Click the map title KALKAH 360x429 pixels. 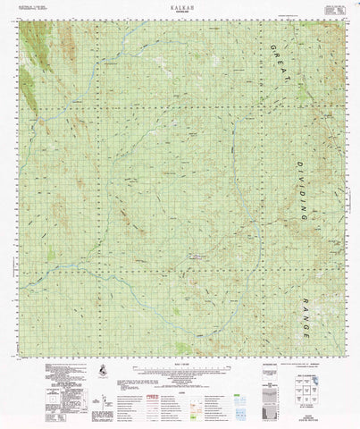(x=180, y=5)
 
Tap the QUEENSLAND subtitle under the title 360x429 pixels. (x=180, y=11)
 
